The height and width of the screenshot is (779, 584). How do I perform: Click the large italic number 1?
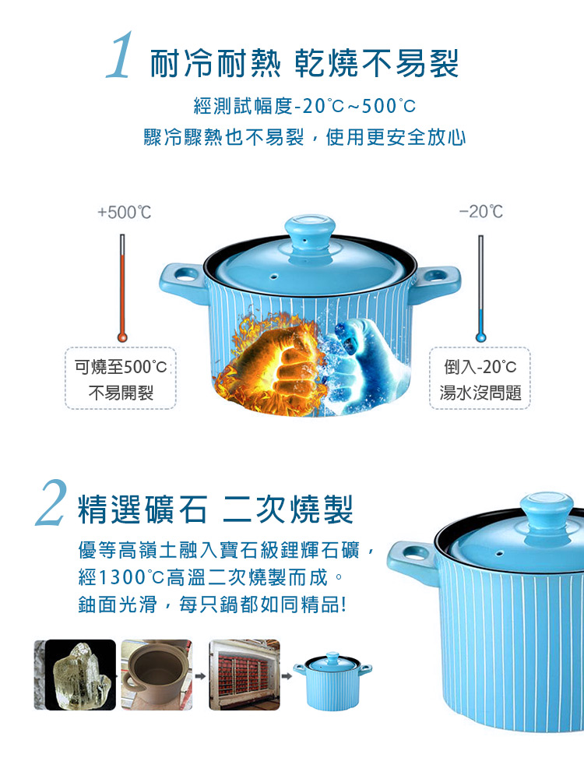click(x=120, y=55)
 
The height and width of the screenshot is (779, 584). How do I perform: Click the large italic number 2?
click(x=51, y=502)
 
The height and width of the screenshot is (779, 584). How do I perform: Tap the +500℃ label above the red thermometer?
click(x=124, y=212)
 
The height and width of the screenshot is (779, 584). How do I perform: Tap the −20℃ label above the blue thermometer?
click(x=480, y=212)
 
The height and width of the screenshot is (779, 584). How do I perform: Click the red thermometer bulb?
click(x=122, y=337)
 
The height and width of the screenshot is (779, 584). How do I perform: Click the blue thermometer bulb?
click(x=480, y=337)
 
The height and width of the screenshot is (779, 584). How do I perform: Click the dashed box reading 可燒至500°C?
click(x=121, y=379)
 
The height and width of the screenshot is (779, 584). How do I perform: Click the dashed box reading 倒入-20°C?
click(x=480, y=379)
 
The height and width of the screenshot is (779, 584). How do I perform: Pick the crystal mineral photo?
click(x=75, y=675)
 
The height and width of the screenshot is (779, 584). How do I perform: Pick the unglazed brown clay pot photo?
click(x=157, y=675)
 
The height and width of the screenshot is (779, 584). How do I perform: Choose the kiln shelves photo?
click(x=245, y=675)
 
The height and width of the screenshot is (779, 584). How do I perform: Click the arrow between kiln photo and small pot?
click(x=287, y=676)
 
